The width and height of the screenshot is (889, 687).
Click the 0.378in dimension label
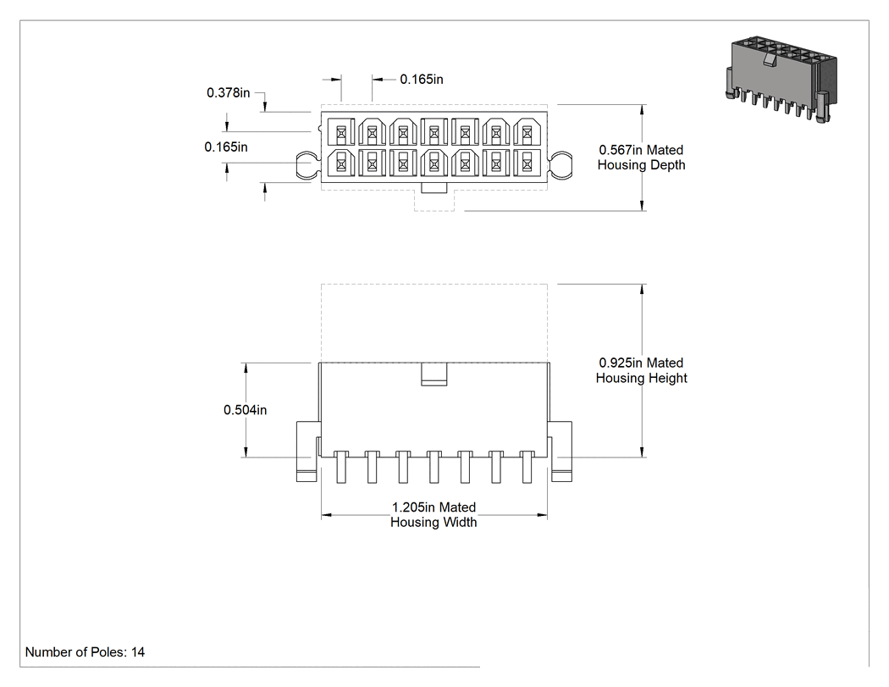pyautogui.click(x=228, y=92)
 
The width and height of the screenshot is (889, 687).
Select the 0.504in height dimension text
pyautogui.click(x=245, y=410)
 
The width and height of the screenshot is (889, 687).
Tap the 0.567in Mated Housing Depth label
pyautogui.click(x=641, y=158)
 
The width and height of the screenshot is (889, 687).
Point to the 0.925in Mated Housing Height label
pyautogui.click(x=641, y=370)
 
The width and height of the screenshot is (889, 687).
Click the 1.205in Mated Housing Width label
pyautogui.click(x=433, y=514)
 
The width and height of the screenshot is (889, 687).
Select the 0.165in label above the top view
pyautogui.click(x=422, y=80)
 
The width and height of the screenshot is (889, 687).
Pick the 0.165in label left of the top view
pyautogui.click(x=226, y=147)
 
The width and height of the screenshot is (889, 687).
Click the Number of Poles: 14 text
pyautogui.click(x=85, y=651)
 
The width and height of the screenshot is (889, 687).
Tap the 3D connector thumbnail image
pyautogui.click(x=781, y=80)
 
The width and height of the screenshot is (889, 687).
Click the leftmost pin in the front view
pyautogui.click(x=341, y=467)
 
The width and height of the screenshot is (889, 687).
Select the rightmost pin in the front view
pyautogui.click(x=527, y=467)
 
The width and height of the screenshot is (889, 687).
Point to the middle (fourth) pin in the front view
pyautogui.click(x=434, y=467)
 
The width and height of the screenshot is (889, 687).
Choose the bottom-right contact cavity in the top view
pyautogui.click(x=527, y=163)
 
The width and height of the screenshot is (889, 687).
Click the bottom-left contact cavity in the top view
pyautogui.click(x=341, y=163)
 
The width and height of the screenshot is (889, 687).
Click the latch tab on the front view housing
pyautogui.click(x=434, y=374)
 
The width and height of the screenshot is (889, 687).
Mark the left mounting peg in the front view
pyautogui.click(x=306, y=452)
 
